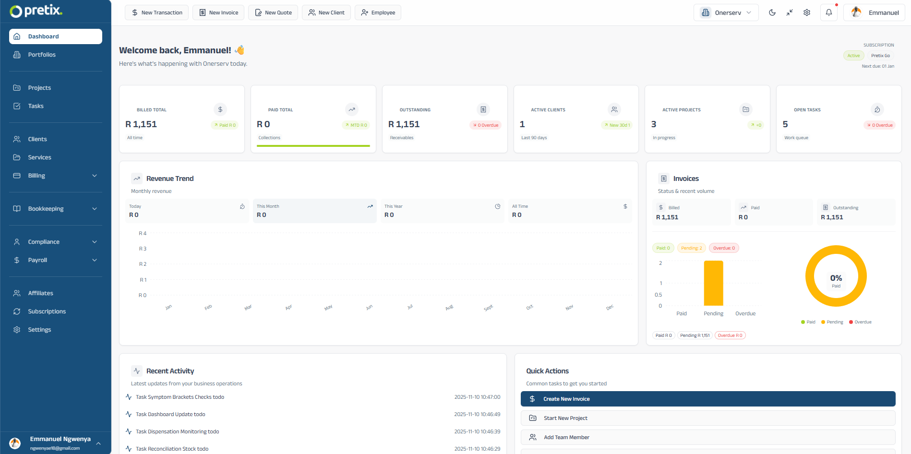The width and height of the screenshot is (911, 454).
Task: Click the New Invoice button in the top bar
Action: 218,12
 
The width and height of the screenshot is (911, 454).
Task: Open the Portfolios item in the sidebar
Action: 42,55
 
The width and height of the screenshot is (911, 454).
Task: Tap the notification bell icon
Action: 828,12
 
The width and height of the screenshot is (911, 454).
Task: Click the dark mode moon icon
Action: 772,12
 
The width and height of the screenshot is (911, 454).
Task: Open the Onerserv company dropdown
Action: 726,12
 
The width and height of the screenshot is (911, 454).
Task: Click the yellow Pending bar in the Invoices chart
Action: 713,283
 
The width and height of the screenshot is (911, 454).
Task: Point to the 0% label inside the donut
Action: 836,278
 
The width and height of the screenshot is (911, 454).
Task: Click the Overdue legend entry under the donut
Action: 860,322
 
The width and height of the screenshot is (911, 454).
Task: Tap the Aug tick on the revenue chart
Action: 449,307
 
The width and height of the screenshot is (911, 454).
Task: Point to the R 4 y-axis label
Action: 143,233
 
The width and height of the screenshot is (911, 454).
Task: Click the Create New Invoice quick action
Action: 708,399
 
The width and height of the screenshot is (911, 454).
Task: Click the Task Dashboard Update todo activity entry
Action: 170,414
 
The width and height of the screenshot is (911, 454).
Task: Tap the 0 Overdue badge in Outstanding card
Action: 485,125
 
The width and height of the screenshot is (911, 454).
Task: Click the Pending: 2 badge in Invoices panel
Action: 691,248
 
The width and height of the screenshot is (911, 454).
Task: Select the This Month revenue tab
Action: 314,211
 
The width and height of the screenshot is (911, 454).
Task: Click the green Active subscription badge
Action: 853,56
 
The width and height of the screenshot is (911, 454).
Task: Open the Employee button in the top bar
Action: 378,12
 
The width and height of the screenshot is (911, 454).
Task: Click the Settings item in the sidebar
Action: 39,330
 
